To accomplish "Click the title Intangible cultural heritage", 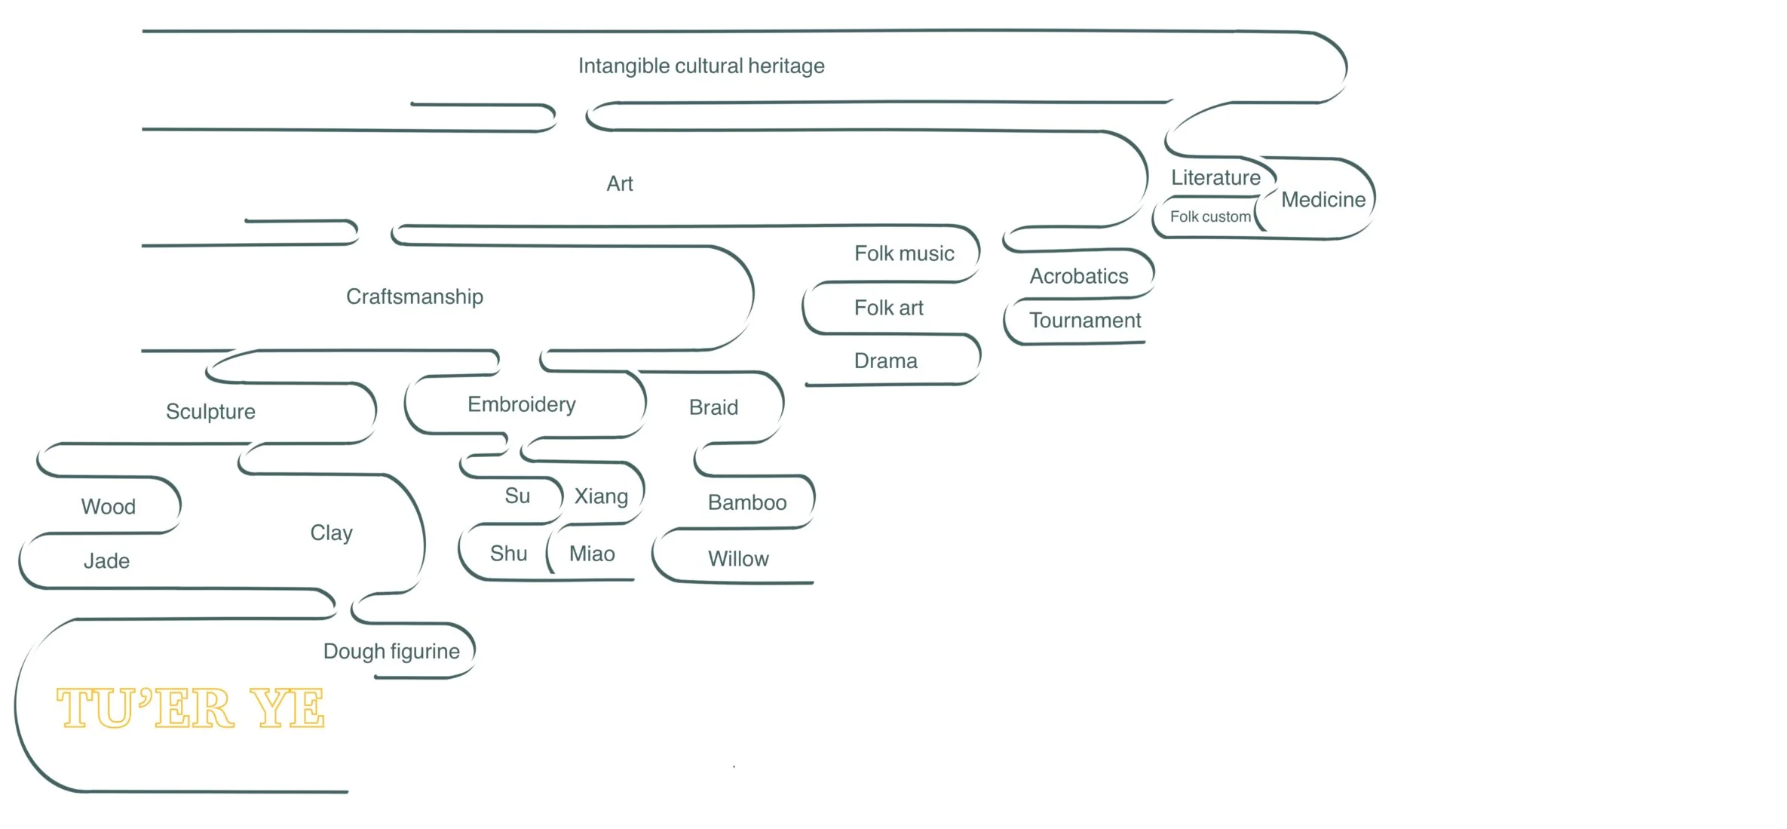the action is (x=701, y=66).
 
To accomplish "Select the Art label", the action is (x=620, y=184).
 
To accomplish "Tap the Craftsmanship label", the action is (x=415, y=296).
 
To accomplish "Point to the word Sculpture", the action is (x=210, y=412).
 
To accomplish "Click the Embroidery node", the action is (x=522, y=404).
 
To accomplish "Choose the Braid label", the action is (x=713, y=407).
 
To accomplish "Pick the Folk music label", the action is (x=904, y=253).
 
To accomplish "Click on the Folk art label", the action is (x=888, y=308).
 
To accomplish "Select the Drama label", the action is (x=885, y=361).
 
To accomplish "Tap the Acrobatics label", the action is (x=1079, y=276).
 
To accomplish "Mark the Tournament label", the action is (x=1085, y=321).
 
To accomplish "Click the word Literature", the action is (x=1215, y=178).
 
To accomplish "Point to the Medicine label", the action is (x=1323, y=200).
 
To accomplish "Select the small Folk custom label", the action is (x=1210, y=217).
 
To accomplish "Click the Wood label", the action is (x=109, y=507).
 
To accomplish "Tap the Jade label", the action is (x=106, y=561).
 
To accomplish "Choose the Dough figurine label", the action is (x=391, y=651).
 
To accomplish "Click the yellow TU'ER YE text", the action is (x=190, y=708).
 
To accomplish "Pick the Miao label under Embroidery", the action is (x=592, y=554).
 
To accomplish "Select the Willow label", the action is (x=738, y=559).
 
